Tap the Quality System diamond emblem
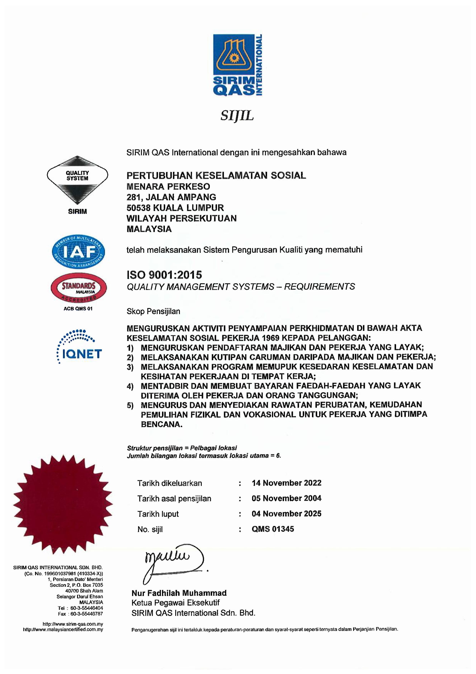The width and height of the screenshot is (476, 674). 78,180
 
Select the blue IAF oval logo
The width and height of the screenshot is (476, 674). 78,252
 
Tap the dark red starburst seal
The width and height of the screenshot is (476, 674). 63,504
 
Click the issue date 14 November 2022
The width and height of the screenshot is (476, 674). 286,483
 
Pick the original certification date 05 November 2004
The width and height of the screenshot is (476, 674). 286,498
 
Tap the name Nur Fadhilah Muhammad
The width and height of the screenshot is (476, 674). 179,593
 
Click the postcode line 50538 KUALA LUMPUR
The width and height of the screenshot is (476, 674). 175,208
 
